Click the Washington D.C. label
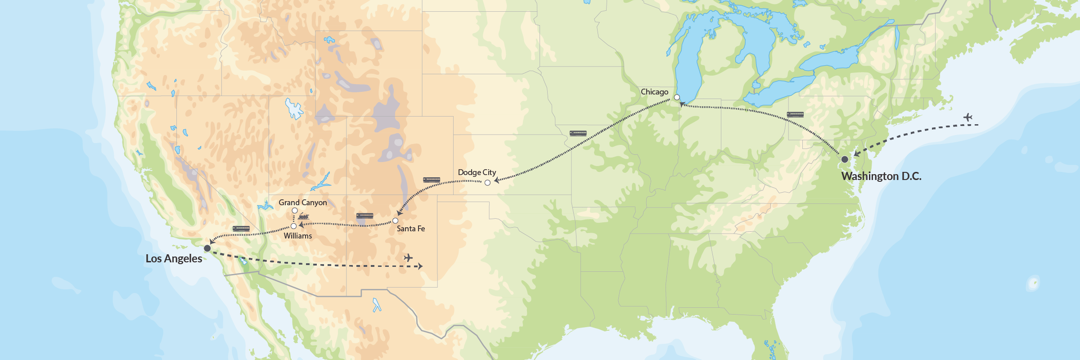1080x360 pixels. pos(881,176)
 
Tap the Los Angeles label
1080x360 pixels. pos(174,259)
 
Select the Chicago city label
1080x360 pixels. pos(654,92)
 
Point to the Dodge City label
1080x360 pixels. pos(477,172)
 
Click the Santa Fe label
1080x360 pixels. pos(410,229)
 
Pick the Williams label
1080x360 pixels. pos(297,236)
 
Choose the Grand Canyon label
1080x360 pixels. pos(302,202)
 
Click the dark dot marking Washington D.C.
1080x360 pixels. pos(845,159)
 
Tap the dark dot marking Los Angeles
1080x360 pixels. pos(207,248)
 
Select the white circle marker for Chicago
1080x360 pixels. pos(677,97)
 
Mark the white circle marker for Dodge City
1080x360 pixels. pos(487,183)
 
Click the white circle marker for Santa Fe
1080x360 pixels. pos(395,220)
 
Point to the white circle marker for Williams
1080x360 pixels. pos(293,226)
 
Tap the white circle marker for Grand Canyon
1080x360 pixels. pos(295,211)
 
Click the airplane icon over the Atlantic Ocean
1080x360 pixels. pos(968,117)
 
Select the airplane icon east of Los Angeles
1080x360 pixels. pos(408,258)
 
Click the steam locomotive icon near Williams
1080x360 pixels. pos(304,217)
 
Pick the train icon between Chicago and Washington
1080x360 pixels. pos(795,114)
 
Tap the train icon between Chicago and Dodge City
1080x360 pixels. pos(578,133)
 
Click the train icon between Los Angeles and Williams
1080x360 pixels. pos(241,229)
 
